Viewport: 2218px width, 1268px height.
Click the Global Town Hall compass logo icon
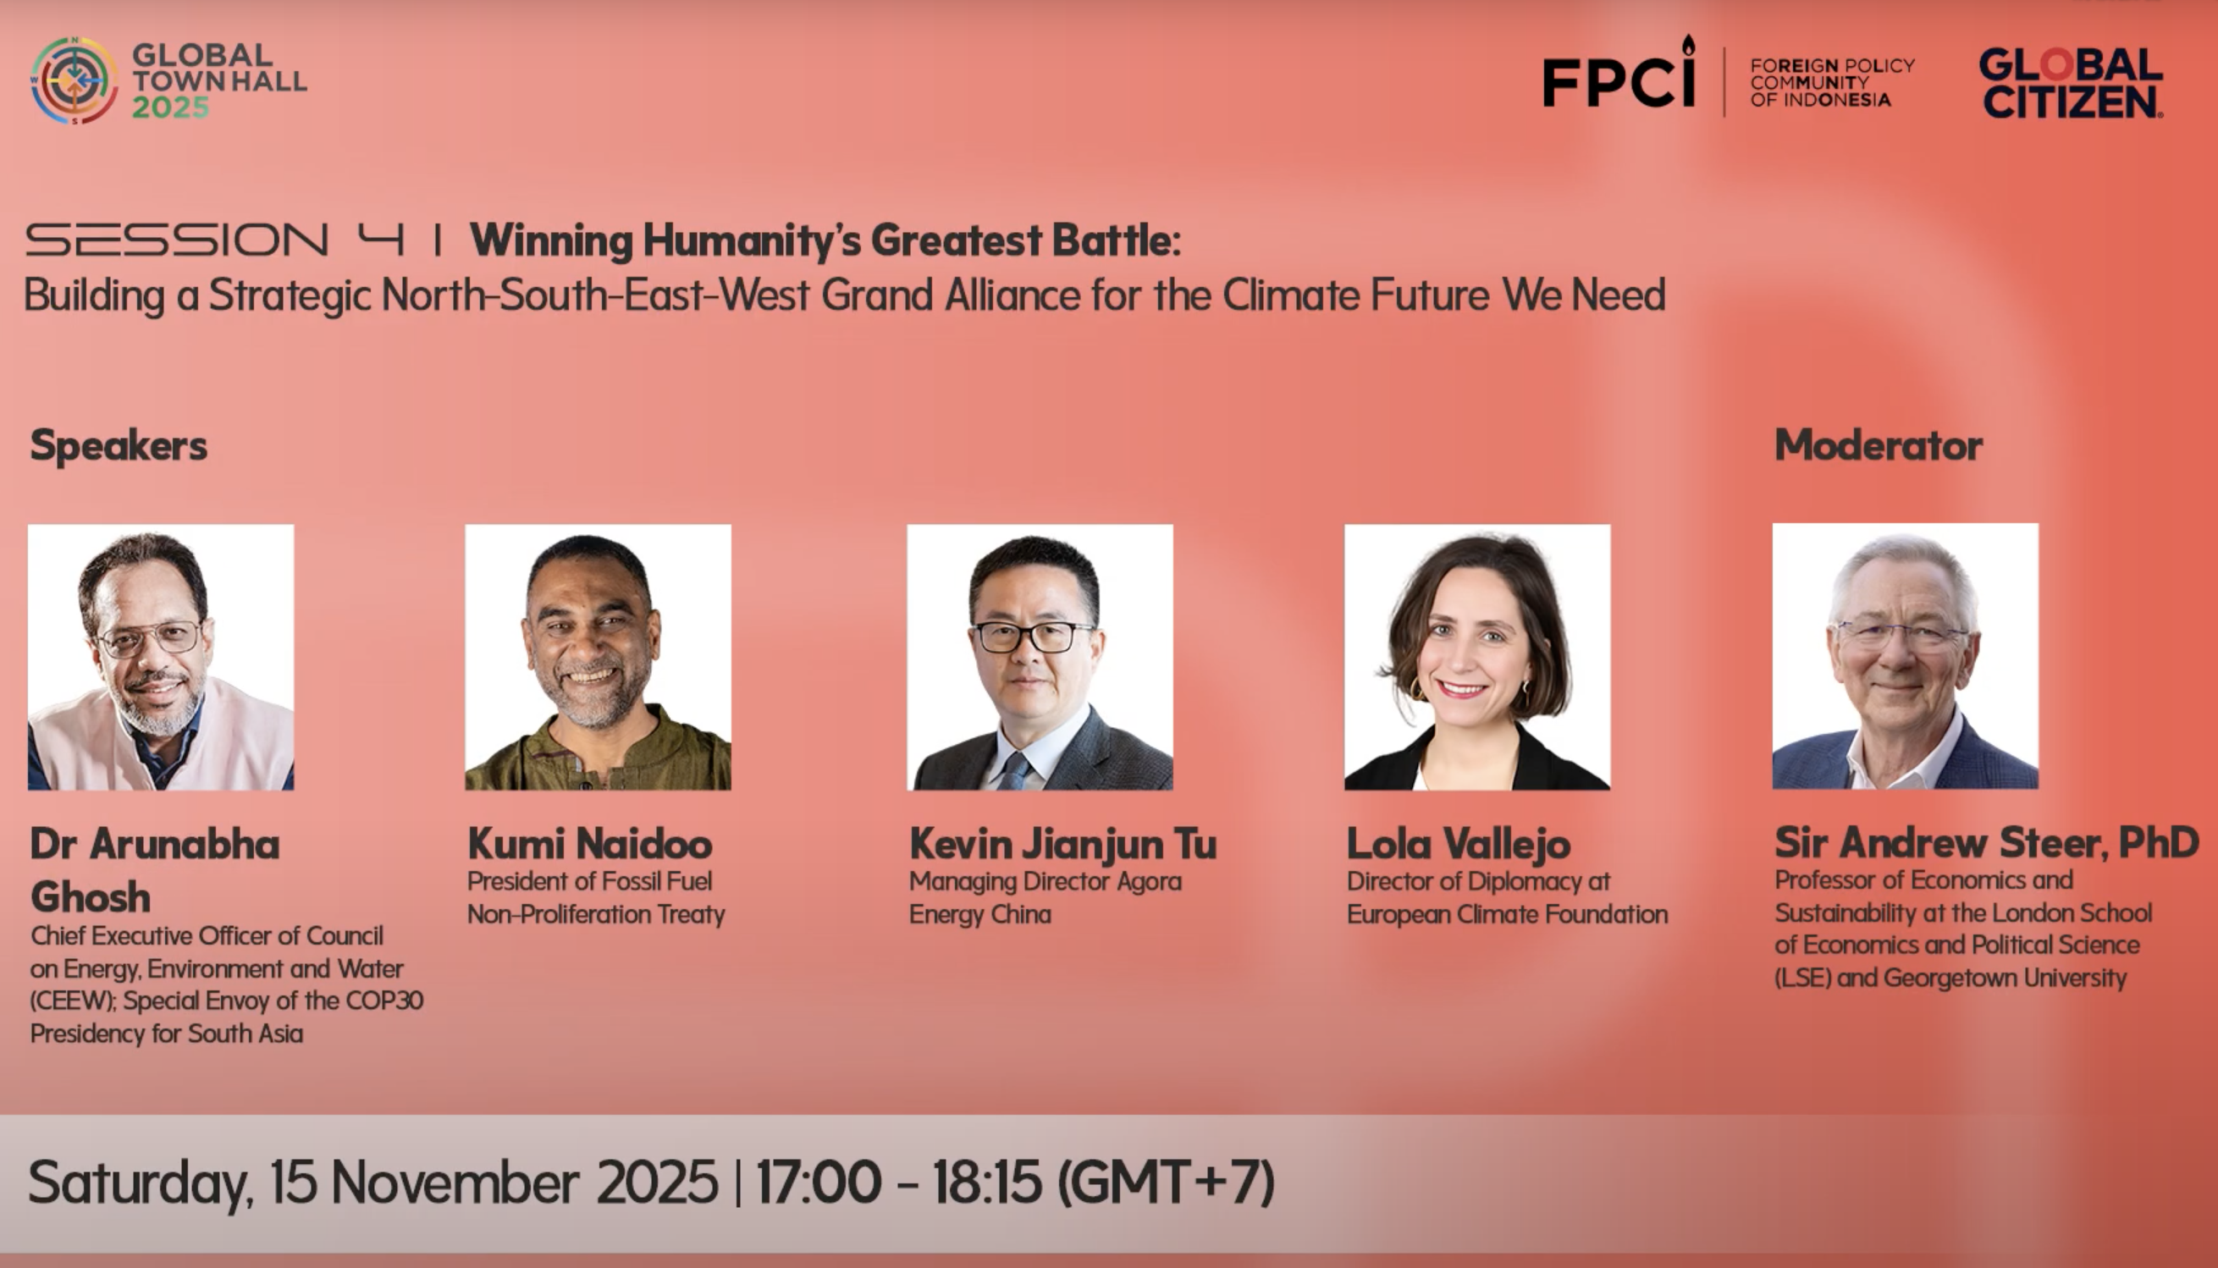(x=74, y=80)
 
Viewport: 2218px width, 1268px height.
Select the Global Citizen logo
(x=2071, y=83)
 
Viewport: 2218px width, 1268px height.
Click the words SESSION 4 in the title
(x=215, y=240)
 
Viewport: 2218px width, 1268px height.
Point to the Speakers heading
(x=119, y=446)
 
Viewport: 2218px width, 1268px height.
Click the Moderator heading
(x=1879, y=445)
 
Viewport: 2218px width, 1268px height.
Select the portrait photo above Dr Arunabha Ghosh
(x=161, y=658)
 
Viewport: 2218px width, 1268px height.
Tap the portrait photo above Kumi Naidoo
(x=599, y=658)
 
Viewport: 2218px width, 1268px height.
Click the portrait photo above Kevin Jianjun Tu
(x=1040, y=658)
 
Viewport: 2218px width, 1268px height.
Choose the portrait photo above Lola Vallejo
(x=1477, y=658)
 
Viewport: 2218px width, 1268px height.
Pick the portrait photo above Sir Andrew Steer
(x=1906, y=657)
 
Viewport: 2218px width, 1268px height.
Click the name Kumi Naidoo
(x=590, y=844)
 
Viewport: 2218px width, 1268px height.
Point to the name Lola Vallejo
(x=1459, y=844)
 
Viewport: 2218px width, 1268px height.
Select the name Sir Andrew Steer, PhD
(x=1987, y=842)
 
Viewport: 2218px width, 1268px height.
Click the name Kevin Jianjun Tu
(x=1062, y=844)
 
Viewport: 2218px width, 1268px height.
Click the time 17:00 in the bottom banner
(x=819, y=1182)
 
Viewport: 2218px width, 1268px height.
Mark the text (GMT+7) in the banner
(x=1166, y=1183)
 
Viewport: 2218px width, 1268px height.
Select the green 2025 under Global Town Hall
(x=171, y=108)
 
